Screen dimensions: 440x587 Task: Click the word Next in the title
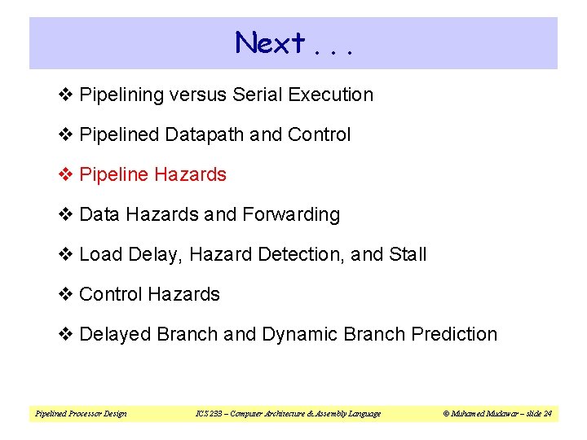pyautogui.click(x=270, y=42)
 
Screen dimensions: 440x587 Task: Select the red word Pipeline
pyautogui.click(x=114, y=174)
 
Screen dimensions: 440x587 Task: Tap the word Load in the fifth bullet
pyautogui.click(x=99, y=254)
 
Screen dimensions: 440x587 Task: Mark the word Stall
pyautogui.click(x=408, y=254)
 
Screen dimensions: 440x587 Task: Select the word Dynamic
pyautogui.click(x=299, y=334)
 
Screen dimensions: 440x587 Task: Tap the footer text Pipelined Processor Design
pyautogui.click(x=81, y=414)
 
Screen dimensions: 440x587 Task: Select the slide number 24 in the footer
pyautogui.click(x=548, y=414)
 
